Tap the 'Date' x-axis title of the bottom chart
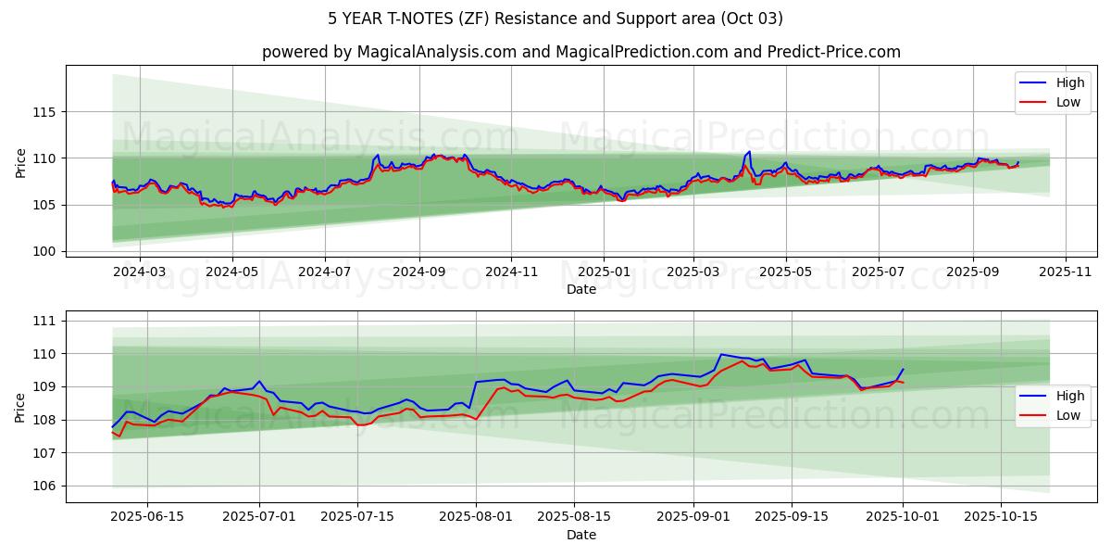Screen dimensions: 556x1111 click(580, 535)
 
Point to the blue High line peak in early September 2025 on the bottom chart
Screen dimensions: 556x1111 click(720, 354)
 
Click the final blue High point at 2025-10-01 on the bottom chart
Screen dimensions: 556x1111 click(903, 369)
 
